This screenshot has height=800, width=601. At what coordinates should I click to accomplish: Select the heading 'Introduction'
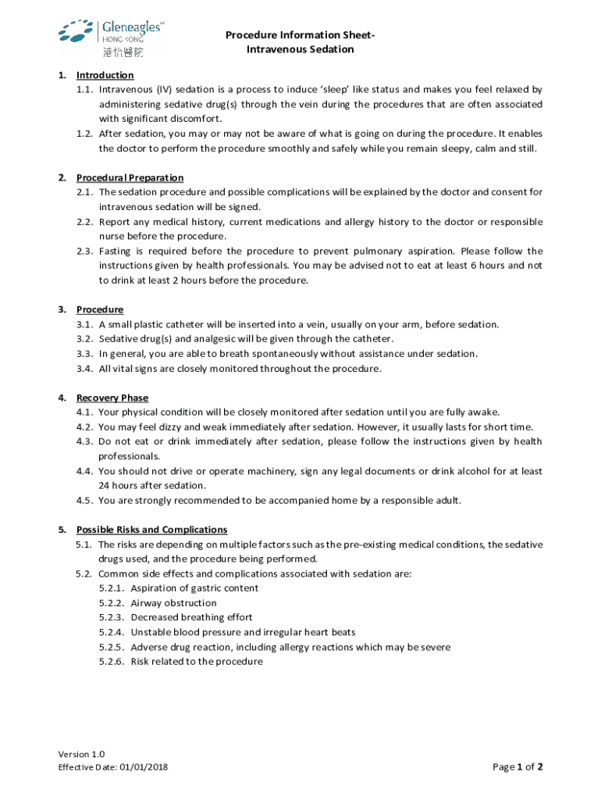(105, 75)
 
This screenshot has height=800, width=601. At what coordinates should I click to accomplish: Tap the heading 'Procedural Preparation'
(130, 177)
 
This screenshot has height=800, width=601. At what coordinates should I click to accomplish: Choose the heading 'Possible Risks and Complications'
(151, 530)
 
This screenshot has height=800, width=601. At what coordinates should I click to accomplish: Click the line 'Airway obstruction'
(174, 603)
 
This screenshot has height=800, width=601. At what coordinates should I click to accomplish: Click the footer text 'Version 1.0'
(81, 754)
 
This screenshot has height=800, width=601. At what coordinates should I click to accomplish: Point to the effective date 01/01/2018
(144, 767)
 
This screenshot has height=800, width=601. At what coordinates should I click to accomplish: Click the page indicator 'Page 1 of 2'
(517, 767)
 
